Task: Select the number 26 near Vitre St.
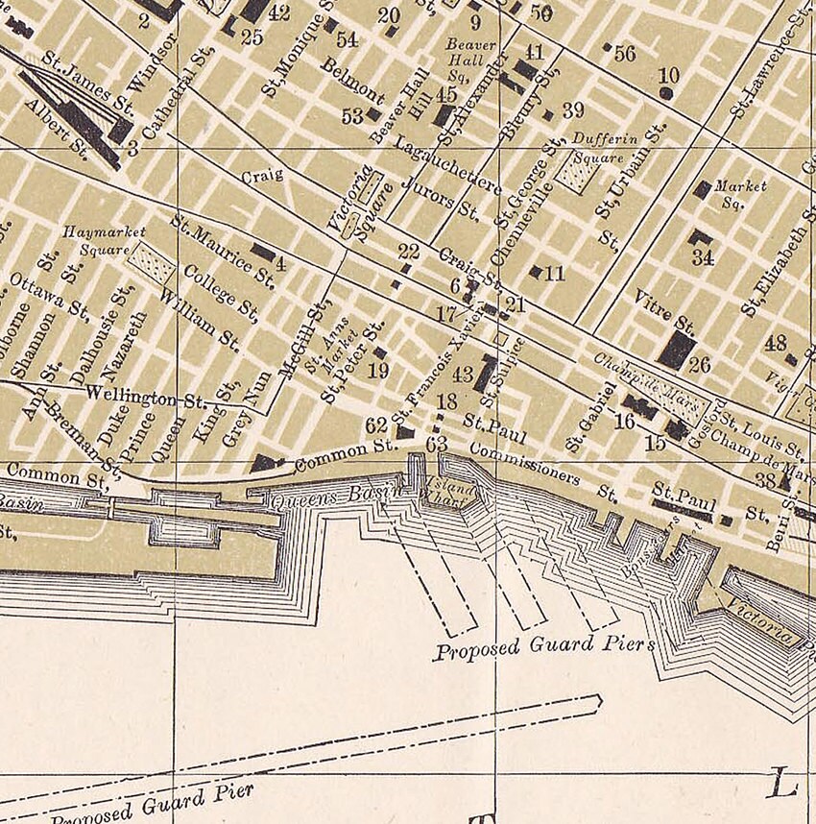pos(699,365)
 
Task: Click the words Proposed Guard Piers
pos(544,646)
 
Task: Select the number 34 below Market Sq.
pos(703,257)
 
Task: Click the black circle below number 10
pos(666,93)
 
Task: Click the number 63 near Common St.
pos(437,444)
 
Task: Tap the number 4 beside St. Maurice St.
pos(280,264)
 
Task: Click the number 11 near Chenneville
pos(554,274)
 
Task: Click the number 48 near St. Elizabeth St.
pos(775,343)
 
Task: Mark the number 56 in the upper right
pos(624,54)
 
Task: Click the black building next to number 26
pos(678,349)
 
